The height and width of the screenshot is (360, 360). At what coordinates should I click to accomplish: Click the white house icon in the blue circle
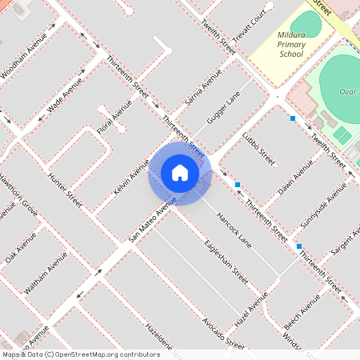[x=179, y=173]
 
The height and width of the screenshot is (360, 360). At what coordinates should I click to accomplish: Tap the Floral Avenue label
[x=114, y=118]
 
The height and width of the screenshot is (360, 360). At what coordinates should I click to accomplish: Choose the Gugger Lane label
[x=223, y=108]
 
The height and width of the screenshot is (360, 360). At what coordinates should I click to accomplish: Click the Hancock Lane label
[x=235, y=230]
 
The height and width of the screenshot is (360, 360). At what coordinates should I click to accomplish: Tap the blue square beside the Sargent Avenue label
[x=299, y=246]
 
